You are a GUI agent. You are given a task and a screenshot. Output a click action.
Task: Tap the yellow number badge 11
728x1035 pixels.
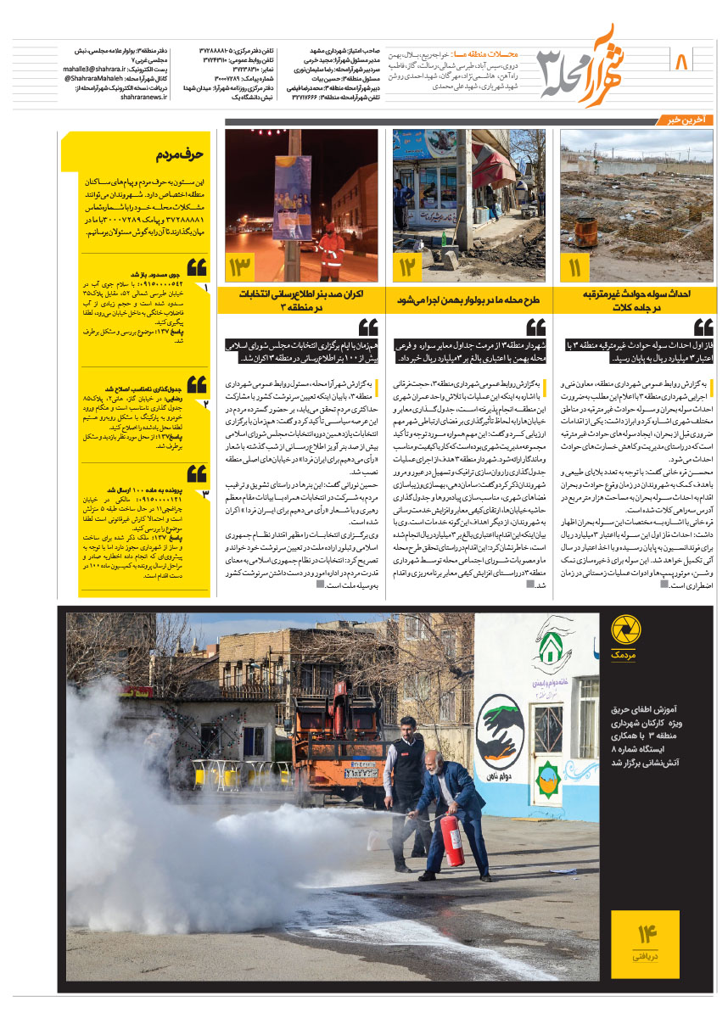point(575,268)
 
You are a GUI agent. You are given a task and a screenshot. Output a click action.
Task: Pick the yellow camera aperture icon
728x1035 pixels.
point(626,630)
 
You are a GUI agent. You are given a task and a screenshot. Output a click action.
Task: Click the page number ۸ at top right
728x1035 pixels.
point(681,62)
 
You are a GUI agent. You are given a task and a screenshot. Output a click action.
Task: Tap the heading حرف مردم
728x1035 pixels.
point(180,155)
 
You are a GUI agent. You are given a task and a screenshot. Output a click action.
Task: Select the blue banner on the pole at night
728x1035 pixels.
point(292,197)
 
